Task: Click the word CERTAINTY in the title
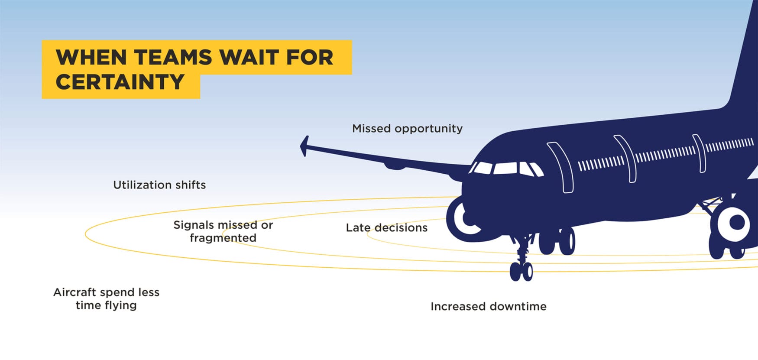pyautogui.click(x=120, y=82)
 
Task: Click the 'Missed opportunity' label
pyautogui.click(x=407, y=129)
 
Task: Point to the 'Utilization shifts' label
pyautogui.click(x=159, y=185)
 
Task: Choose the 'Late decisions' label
pyautogui.click(x=386, y=227)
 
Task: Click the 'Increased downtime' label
pyautogui.click(x=488, y=306)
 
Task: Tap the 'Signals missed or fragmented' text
pyautogui.click(x=223, y=231)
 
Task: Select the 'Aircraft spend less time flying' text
pyautogui.click(x=106, y=298)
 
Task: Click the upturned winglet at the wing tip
pyautogui.click(x=304, y=146)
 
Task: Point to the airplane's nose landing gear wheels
pyautogui.click(x=521, y=271)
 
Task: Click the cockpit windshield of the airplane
pyautogui.click(x=506, y=169)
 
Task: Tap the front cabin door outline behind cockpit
pyautogui.click(x=560, y=167)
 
